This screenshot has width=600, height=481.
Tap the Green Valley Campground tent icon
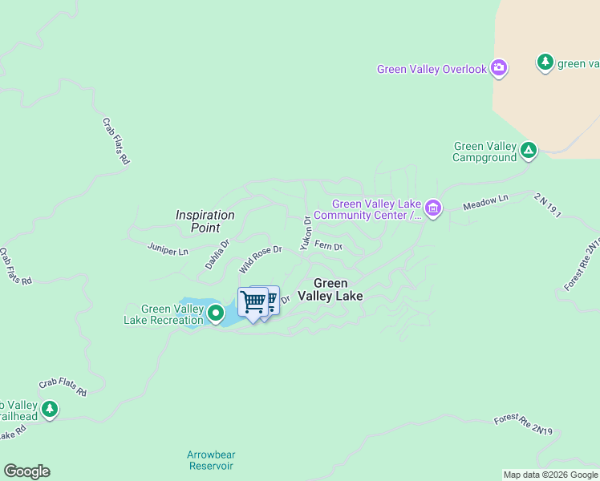coord(529,150)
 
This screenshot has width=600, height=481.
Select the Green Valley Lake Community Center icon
coord(432,209)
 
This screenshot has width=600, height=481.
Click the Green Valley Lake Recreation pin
coord(215,313)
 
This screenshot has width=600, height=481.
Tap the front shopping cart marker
coord(253,302)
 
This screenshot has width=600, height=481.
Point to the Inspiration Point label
coord(205,221)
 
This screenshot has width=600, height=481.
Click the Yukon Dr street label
coord(306,233)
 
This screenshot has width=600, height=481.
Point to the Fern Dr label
coord(329,245)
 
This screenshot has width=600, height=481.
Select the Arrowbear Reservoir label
coord(210,460)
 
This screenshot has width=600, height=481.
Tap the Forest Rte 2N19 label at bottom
coord(523,426)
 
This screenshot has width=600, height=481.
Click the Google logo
coord(26,471)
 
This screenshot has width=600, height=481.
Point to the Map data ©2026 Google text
coord(550,475)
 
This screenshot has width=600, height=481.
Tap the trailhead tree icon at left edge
coord(50,410)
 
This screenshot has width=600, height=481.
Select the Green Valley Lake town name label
coord(330,289)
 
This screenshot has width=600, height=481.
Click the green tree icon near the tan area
coord(545,63)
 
